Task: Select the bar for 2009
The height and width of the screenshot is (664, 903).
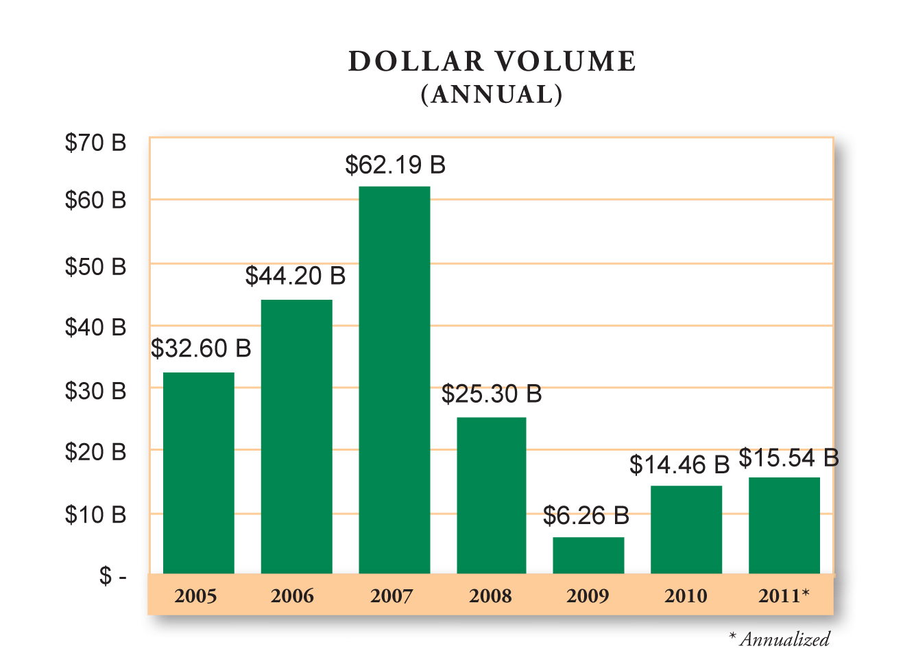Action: pyautogui.click(x=588, y=555)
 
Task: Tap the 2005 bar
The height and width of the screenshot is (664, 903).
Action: pyautogui.click(x=198, y=473)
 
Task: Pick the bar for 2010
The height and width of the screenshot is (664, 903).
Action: pyautogui.click(x=686, y=529)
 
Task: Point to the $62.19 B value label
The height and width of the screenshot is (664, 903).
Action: pyautogui.click(x=395, y=165)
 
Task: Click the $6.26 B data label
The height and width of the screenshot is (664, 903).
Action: pyautogui.click(x=586, y=516)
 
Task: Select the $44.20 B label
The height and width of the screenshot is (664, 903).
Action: pyautogui.click(x=295, y=276)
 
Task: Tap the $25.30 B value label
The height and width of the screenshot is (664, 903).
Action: pyautogui.click(x=491, y=394)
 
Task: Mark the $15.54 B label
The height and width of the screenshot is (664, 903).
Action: pyautogui.click(x=788, y=458)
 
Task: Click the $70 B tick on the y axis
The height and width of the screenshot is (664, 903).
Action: pyautogui.click(x=95, y=143)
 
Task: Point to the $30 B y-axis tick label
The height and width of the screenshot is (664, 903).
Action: pyautogui.click(x=95, y=391)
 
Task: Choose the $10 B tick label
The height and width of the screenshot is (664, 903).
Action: pyautogui.click(x=95, y=514)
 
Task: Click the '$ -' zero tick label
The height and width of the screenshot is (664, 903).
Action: pyautogui.click(x=112, y=576)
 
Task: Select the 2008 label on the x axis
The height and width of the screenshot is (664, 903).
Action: pyautogui.click(x=490, y=595)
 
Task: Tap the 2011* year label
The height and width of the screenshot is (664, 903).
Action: pyautogui.click(x=784, y=595)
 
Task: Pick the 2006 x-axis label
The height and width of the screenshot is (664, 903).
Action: pyautogui.click(x=292, y=595)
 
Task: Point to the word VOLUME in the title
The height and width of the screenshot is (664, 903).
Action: pyautogui.click(x=566, y=62)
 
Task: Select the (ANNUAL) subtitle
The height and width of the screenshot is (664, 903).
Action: pyautogui.click(x=492, y=94)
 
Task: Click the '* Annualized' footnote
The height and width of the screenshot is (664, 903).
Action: pyautogui.click(x=779, y=639)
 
